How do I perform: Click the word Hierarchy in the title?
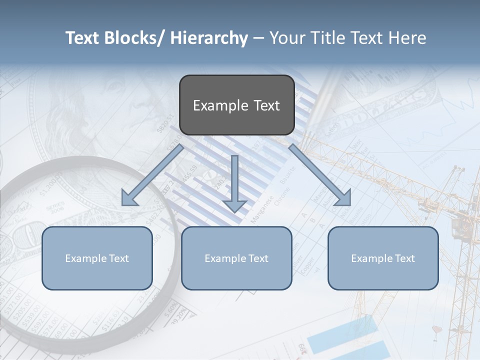[209, 38]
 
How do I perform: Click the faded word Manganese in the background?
[261, 209]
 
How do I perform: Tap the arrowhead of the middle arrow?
[234, 205]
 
